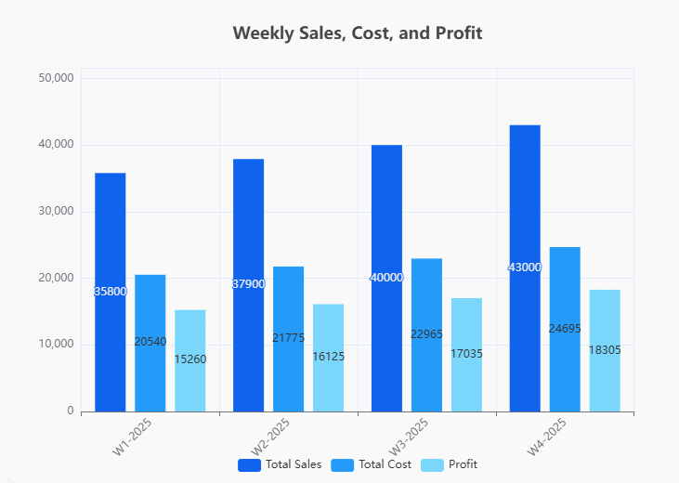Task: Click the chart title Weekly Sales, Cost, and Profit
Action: [x=358, y=33]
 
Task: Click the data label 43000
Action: [x=525, y=268]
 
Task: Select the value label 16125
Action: [x=328, y=356]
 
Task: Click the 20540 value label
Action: [x=150, y=342]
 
